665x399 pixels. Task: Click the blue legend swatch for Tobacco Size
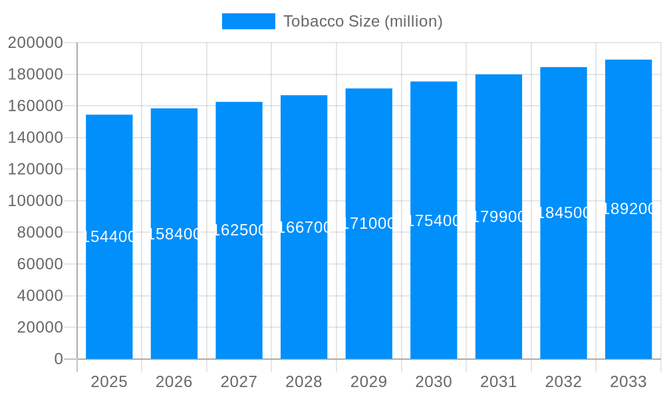[x=248, y=21]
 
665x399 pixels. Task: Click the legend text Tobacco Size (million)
[x=362, y=21]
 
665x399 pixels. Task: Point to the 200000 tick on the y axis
[x=35, y=43]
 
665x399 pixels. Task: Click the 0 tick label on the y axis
[x=59, y=359]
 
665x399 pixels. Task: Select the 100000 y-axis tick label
[x=35, y=201]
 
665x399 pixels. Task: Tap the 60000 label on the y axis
[x=39, y=264]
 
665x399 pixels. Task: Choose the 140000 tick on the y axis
[x=35, y=138]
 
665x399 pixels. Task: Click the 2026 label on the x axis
[x=174, y=382]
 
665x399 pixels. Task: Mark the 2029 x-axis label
[x=368, y=382]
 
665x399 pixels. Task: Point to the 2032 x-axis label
[x=563, y=382]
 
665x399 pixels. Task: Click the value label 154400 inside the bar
[x=109, y=237]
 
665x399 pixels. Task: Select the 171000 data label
[x=368, y=223]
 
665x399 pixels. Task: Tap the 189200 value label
[x=628, y=209]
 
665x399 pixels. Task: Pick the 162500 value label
[x=239, y=230]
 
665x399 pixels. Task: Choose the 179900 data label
[x=499, y=217]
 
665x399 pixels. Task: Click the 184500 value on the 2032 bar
[x=563, y=213]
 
